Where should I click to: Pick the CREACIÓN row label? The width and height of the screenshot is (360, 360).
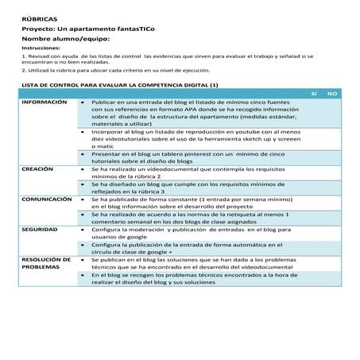point(38,169)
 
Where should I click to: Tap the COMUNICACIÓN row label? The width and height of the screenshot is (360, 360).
point(48,199)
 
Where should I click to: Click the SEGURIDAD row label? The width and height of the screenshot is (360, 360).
point(40,229)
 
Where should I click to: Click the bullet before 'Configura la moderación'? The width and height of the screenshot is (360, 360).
point(83,229)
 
